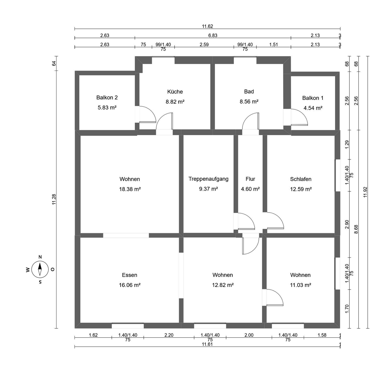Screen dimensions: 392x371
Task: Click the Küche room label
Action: coord(175,92)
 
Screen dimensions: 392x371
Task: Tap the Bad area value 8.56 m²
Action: coord(249,102)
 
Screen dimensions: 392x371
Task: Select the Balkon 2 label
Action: coord(107,97)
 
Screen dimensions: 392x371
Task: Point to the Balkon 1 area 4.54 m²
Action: coord(313,108)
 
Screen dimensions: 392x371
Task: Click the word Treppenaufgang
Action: coord(208,179)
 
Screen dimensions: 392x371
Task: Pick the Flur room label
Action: coord(250,179)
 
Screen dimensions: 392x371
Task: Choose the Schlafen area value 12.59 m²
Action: coord(301,189)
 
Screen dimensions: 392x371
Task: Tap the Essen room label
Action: coord(130,275)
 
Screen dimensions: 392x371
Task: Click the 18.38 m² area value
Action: coord(130,189)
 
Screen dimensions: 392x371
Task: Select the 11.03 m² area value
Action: coord(300,285)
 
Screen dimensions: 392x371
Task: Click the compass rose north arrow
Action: coord(40,269)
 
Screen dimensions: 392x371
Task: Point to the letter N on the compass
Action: coord(40,257)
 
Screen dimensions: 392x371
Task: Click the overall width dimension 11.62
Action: coord(207,26)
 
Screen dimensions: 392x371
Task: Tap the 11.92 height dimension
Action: coord(365,192)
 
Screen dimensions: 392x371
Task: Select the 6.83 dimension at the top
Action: coord(213,35)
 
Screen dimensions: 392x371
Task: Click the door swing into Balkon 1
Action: coord(299,117)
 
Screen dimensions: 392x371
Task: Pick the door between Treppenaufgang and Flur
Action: coord(246,221)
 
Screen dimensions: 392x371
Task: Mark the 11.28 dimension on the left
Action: coord(54,199)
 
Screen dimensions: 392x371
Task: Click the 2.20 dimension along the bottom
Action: coord(169,335)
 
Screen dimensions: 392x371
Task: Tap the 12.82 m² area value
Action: coord(223,285)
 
